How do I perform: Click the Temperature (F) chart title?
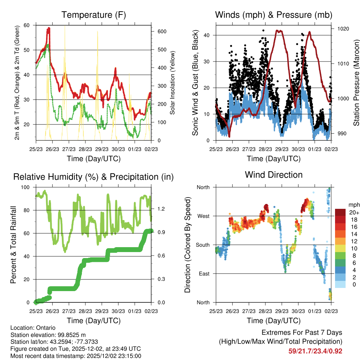(94, 15)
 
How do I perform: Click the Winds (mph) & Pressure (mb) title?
(274, 15)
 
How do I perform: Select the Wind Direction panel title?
(274, 175)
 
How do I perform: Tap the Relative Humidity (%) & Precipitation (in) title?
(94, 177)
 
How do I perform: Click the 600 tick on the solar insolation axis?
(161, 31)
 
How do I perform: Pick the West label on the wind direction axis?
(203, 216)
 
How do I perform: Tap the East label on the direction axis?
(203, 274)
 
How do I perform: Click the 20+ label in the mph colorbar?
(354, 212)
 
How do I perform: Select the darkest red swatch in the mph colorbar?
(340, 212)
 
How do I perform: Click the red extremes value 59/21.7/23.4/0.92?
(315, 351)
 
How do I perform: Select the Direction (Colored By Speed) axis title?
(188, 245)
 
